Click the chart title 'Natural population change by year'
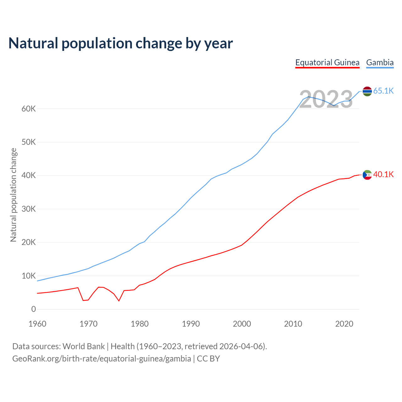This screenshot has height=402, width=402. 121,43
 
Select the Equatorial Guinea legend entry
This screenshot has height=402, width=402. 327,62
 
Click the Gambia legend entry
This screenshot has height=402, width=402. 380,62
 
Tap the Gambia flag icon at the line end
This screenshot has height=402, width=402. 367,91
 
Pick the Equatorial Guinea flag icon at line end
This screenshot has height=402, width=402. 367,175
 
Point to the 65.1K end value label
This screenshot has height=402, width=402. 383,91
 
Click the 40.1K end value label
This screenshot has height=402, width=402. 383,175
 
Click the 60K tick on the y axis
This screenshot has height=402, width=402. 29,109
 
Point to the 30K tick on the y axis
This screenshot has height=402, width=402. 29,209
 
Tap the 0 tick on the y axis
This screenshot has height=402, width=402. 34,309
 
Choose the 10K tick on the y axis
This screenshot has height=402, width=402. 29,276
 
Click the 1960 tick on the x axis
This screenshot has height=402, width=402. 37,324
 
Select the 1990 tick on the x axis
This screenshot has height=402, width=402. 191,324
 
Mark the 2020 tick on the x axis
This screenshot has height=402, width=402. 344,324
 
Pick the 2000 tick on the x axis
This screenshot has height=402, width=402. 242,324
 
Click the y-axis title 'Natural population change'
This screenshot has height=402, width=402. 13,195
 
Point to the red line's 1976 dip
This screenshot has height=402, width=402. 119,301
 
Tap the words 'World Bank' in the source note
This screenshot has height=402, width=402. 84,346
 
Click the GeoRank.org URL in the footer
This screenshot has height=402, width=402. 101,359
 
